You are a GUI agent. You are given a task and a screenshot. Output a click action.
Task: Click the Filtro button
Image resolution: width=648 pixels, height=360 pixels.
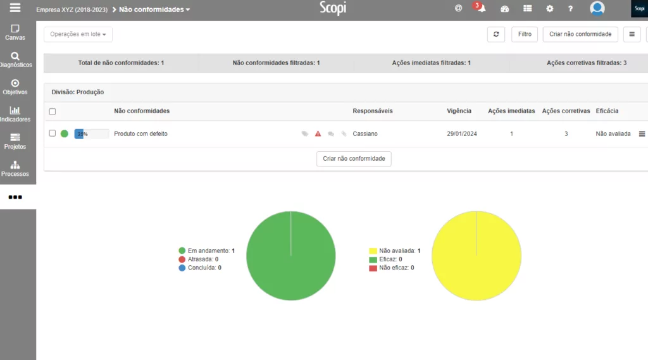pos(525,34)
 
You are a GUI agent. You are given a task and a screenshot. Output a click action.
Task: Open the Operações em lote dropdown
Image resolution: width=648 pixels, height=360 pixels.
pos(78,34)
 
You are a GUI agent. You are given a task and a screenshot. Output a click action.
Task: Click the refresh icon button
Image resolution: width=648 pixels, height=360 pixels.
pos(495,34)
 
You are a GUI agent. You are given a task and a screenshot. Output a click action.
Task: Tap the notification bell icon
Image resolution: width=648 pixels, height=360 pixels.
pos(481,9)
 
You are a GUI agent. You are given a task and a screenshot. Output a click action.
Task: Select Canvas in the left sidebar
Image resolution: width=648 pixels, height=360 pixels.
pos(15,32)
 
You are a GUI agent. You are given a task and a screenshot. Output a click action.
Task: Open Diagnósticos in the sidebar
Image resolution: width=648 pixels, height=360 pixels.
pos(15,59)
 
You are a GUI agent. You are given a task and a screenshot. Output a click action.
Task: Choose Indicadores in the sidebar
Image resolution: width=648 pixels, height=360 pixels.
pos(15,114)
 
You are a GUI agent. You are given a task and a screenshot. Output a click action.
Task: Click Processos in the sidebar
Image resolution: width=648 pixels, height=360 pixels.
pos(15,168)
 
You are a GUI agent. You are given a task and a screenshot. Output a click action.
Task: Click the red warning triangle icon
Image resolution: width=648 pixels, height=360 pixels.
pos(318,134)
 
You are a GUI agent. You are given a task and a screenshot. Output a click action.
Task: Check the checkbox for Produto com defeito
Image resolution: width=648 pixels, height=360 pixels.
pos(53,133)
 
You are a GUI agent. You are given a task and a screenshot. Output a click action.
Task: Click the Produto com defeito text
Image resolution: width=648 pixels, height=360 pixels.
pos(140,134)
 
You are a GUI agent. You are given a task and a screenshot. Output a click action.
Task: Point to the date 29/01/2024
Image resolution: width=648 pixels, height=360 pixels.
pos(462,134)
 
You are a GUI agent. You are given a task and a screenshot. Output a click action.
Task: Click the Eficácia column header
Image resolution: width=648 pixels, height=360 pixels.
pos(607,111)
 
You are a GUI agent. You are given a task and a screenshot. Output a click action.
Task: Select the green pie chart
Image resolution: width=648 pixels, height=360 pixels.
pos(290,256)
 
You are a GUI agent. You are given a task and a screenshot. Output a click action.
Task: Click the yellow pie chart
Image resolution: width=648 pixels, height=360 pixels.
pos(476,256)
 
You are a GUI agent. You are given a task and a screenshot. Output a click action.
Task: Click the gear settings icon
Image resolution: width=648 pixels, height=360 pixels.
pos(549,9)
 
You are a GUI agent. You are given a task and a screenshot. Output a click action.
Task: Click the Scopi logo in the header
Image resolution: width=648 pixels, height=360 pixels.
pos(333,8)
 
